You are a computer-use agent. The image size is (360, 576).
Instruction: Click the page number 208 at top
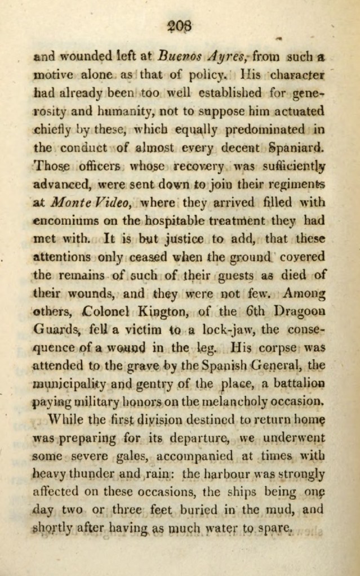180,25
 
